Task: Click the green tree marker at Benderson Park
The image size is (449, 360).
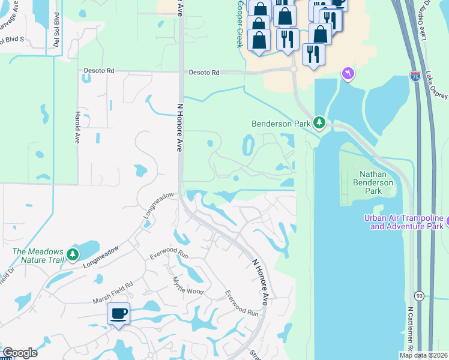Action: (319, 124)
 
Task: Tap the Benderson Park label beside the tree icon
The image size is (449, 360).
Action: (282, 124)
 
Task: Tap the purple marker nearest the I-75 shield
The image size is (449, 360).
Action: (348, 74)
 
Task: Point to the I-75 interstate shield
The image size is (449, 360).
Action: (415, 77)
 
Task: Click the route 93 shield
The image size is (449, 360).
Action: (419, 296)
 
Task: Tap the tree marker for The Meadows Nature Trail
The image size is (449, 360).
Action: (73, 254)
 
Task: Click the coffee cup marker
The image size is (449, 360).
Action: (118, 313)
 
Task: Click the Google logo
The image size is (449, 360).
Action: (19, 353)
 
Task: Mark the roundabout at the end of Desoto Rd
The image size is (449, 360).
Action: (294, 70)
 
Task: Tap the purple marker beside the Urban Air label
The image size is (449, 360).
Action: (446, 224)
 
